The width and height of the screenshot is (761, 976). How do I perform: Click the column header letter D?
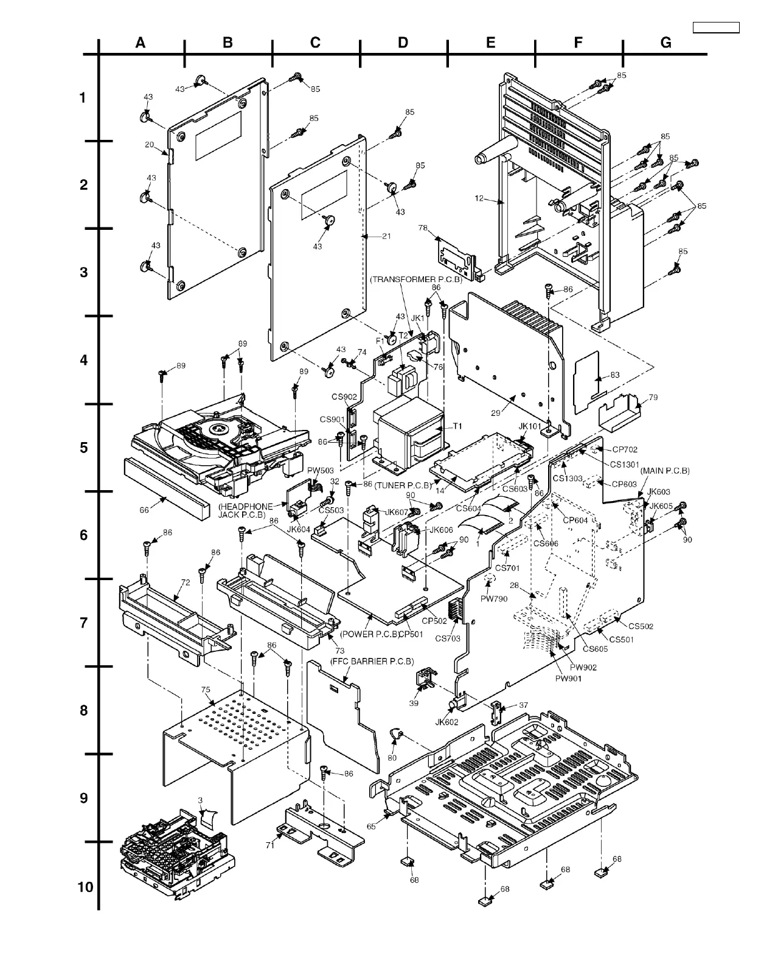pyautogui.click(x=403, y=43)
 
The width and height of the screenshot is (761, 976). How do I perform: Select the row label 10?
pyautogui.click(x=86, y=887)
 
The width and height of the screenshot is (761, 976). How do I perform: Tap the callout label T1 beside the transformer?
pyautogui.click(x=457, y=426)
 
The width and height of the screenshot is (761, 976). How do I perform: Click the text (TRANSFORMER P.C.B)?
pyautogui.click(x=416, y=280)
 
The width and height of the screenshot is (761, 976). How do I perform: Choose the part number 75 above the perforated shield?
pyautogui.click(x=206, y=690)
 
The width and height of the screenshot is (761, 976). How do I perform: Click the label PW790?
pyautogui.click(x=493, y=599)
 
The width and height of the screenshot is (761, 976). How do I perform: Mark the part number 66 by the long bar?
pyautogui.click(x=144, y=510)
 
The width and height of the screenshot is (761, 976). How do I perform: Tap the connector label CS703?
pyautogui.click(x=448, y=639)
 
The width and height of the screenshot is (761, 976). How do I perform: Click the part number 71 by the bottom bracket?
pyautogui.click(x=270, y=845)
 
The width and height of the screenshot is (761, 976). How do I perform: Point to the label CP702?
pyautogui.click(x=625, y=449)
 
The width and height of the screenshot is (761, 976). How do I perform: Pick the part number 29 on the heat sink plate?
pyautogui.click(x=496, y=414)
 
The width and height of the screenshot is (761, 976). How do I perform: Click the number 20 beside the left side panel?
pyautogui.click(x=149, y=145)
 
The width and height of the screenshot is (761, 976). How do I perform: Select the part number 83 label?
pyautogui.click(x=615, y=375)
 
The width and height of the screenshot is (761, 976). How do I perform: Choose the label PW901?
pyautogui.click(x=567, y=678)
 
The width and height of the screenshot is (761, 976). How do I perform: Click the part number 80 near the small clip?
pyautogui.click(x=392, y=758)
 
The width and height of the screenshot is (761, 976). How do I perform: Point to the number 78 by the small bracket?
pyautogui.click(x=423, y=228)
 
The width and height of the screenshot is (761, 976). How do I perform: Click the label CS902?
pyautogui.click(x=344, y=396)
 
